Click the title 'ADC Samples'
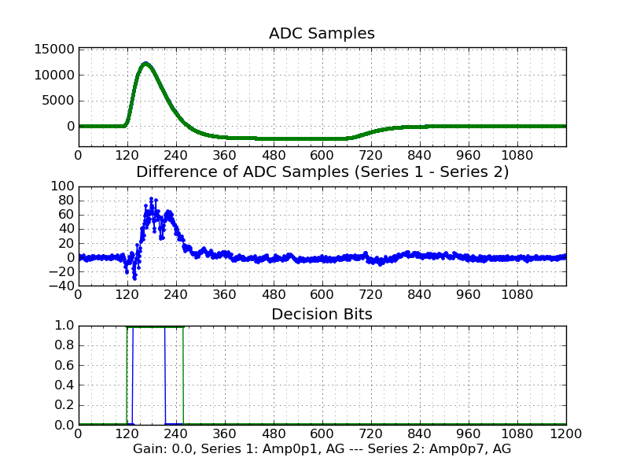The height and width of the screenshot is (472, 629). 322,34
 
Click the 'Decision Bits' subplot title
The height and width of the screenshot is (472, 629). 322,315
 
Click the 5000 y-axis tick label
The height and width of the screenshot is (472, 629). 58,101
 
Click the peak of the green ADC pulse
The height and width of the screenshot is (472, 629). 145,63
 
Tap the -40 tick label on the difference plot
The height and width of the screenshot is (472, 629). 60,286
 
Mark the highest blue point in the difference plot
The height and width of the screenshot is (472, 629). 151,198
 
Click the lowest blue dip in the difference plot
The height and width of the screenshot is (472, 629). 134,278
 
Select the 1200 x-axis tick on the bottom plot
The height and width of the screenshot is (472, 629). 565,434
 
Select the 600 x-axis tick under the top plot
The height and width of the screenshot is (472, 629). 322,155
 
